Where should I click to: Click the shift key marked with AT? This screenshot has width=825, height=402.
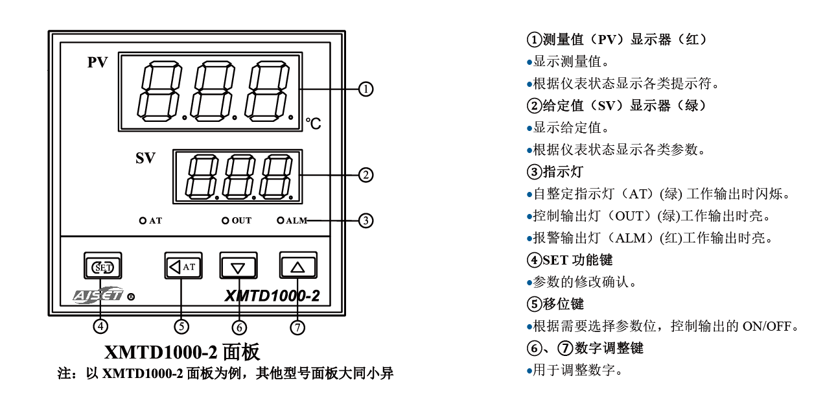tap(183, 266)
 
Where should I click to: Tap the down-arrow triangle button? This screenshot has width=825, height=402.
tap(238, 266)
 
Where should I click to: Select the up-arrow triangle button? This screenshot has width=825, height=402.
tap(298, 265)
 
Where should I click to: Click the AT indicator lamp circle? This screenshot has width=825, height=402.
tap(143, 220)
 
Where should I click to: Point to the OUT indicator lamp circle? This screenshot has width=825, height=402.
tap(226, 220)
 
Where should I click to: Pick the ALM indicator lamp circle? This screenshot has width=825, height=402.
tap(281, 220)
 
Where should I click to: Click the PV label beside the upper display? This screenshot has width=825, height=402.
tap(98, 62)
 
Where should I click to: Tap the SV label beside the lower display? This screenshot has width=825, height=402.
tap(145, 158)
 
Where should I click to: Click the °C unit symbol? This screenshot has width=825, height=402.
tap(314, 124)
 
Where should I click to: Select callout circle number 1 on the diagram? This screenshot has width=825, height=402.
tap(366, 89)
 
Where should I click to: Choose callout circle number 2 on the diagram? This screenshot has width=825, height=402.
tap(366, 175)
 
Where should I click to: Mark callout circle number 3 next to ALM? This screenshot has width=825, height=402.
tap(366, 220)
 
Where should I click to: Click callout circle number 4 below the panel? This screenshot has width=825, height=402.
tap(100, 327)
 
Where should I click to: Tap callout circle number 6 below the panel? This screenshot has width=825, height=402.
tap(239, 327)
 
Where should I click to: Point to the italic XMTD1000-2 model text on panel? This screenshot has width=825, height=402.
tap(272, 296)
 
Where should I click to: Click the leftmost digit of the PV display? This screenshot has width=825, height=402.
tap(159, 91)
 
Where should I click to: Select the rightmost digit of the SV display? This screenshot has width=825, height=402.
tap(276, 176)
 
